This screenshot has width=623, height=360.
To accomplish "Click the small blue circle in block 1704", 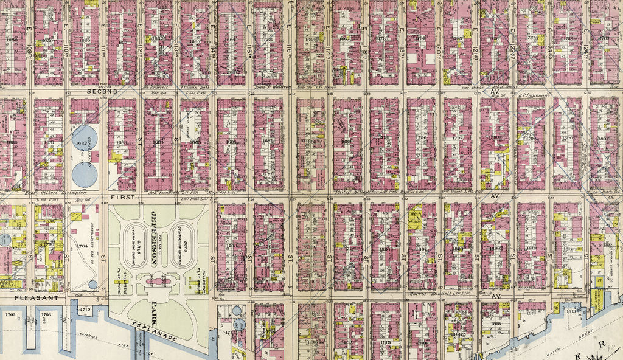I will [92, 284].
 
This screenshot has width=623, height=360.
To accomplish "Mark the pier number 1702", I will [10, 315].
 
